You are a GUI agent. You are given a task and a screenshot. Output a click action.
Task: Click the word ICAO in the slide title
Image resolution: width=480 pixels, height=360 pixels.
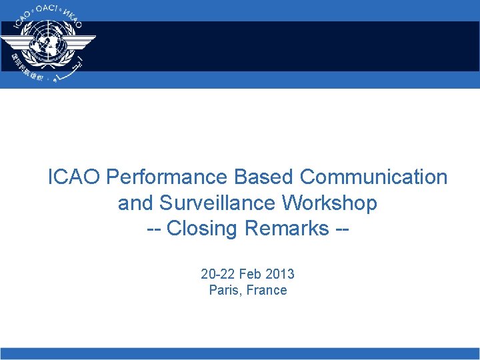point(75,177)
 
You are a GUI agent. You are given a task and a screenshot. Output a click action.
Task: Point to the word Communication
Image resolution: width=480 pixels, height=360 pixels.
point(374,177)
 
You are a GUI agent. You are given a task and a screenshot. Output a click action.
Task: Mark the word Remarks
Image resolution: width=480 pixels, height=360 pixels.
point(287,228)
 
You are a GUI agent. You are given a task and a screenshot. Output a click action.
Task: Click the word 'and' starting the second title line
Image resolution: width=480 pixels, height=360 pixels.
point(133,203)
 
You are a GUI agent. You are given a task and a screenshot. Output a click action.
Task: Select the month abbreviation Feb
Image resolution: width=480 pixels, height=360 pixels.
point(250,274)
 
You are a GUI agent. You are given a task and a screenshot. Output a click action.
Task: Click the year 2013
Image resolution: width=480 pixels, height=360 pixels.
point(280,274)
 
